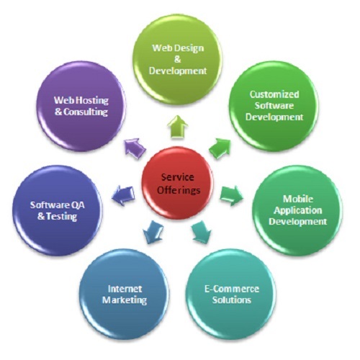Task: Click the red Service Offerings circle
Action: pyautogui.click(x=178, y=184)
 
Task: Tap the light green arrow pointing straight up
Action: pyautogui.click(x=178, y=127)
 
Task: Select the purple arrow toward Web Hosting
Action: pyautogui.click(x=135, y=148)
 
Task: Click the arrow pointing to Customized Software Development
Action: pyautogui.click(x=220, y=148)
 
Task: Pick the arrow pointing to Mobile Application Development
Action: pyautogui.click(x=232, y=196)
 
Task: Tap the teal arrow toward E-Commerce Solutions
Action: pyautogui.click(x=202, y=232)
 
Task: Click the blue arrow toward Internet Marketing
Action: pyautogui.click(x=153, y=232)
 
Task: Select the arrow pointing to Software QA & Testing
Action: pyautogui.click(x=123, y=196)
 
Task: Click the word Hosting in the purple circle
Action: pyautogui.click(x=92, y=100)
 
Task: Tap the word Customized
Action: pyautogui.click(x=274, y=94)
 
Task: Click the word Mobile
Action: pyautogui.click(x=298, y=199)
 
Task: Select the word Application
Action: pyautogui.click(x=298, y=211)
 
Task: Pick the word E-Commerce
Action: pyautogui.click(x=232, y=289)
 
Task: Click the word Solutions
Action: pyautogui.click(x=232, y=300)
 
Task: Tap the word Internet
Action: pyautogui.click(x=125, y=289)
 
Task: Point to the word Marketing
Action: pyautogui.click(x=125, y=300)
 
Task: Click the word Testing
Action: pyautogui.click(x=62, y=217)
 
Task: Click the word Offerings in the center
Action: pyautogui.click(x=179, y=191)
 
